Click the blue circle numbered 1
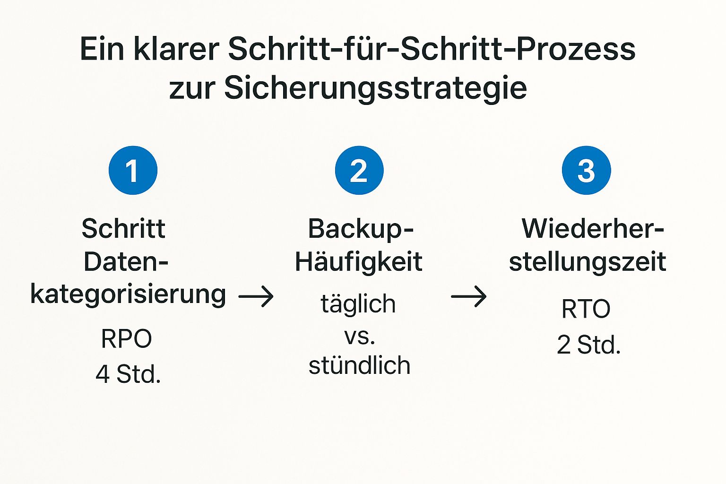click(133, 170)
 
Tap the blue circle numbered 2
click(359, 170)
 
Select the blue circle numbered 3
click(586, 170)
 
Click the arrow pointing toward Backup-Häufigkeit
click(256, 297)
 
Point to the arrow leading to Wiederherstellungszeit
click(468, 297)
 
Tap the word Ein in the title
click(101, 49)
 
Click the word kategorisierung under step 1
click(128, 295)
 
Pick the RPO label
click(126, 339)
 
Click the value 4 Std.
click(128, 374)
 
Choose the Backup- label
click(361, 230)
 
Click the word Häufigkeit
click(358, 262)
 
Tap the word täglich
click(358, 304)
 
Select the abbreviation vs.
click(359, 336)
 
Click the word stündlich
click(359, 365)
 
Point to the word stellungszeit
click(587, 262)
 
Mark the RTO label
click(586, 309)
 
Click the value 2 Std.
click(588, 345)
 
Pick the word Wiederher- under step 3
click(593, 229)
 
